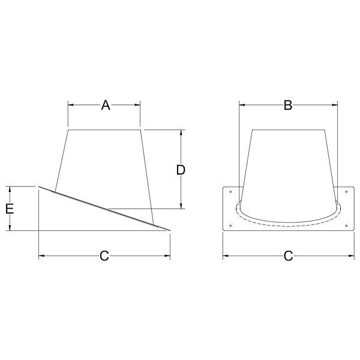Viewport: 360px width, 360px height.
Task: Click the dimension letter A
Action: (x=106, y=105)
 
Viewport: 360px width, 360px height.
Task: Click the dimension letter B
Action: (x=288, y=105)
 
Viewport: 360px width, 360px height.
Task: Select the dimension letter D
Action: (x=181, y=170)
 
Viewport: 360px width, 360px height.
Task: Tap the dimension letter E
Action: (x=10, y=209)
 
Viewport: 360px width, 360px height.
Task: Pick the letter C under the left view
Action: (x=104, y=256)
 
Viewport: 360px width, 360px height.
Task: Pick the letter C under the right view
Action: (x=289, y=256)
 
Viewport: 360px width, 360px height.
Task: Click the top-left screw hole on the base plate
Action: (x=230, y=192)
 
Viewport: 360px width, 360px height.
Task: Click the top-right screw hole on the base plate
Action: (x=346, y=192)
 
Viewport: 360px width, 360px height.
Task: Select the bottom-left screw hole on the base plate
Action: (x=230, y=226)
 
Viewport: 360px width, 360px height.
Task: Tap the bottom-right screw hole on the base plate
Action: (x=346, y=226)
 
